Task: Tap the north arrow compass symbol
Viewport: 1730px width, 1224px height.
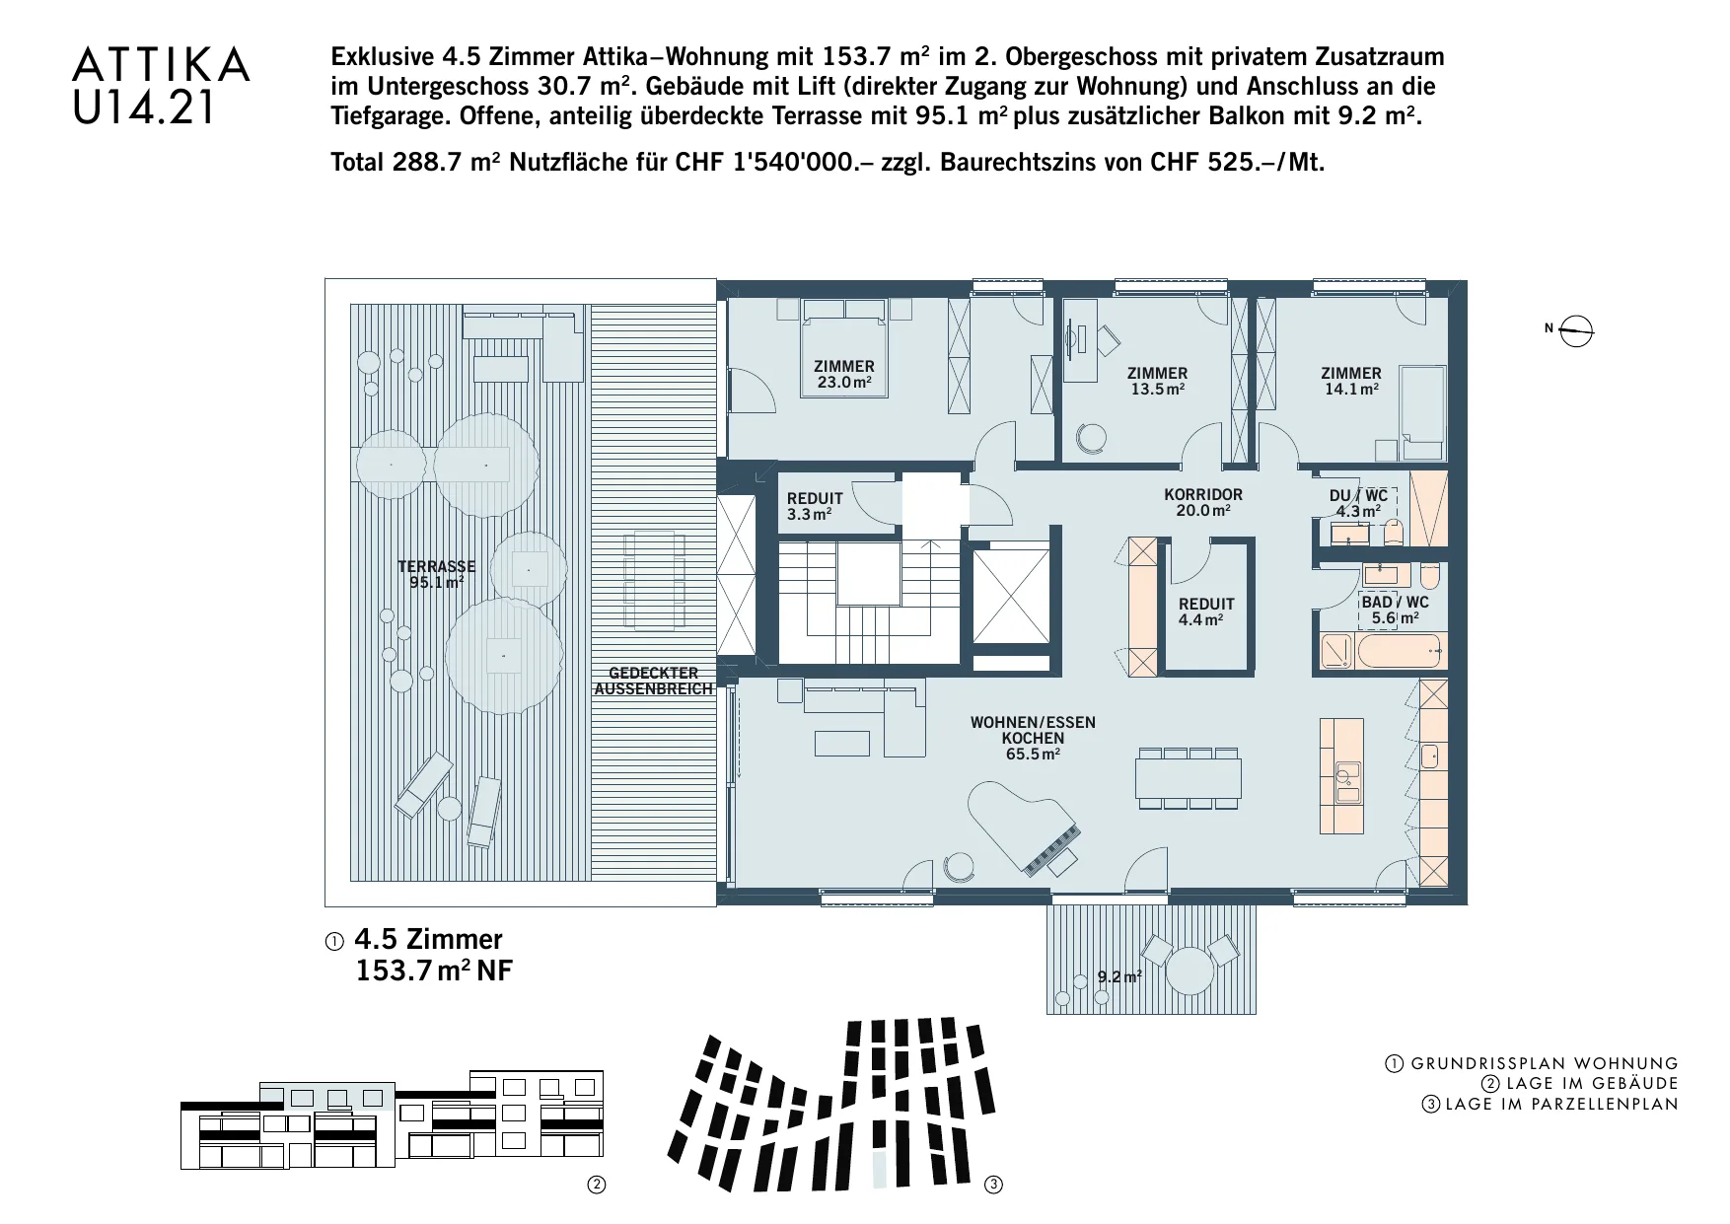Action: pos(1577,330)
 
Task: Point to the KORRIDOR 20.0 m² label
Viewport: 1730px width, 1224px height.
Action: pos(1203,502)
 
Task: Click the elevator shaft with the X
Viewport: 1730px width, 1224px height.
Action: pos(1011,596)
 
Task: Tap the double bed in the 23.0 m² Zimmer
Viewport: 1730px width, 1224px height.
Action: pos(843,347)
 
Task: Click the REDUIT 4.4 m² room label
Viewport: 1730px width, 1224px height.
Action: pos(1205,612)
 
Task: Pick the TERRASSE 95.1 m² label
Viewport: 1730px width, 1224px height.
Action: pos(436,574)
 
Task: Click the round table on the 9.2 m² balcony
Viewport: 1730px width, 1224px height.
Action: pos(1189,972)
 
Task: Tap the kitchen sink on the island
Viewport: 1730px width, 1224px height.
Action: pos(1346,781)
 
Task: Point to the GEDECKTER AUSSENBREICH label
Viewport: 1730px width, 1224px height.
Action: pos(653,681)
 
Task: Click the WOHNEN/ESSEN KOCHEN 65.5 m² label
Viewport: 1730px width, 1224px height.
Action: pos(1033,738)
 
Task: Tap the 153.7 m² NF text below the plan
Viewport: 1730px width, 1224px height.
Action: pos(434,971)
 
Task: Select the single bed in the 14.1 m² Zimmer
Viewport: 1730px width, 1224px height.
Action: pos(1423,412)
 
